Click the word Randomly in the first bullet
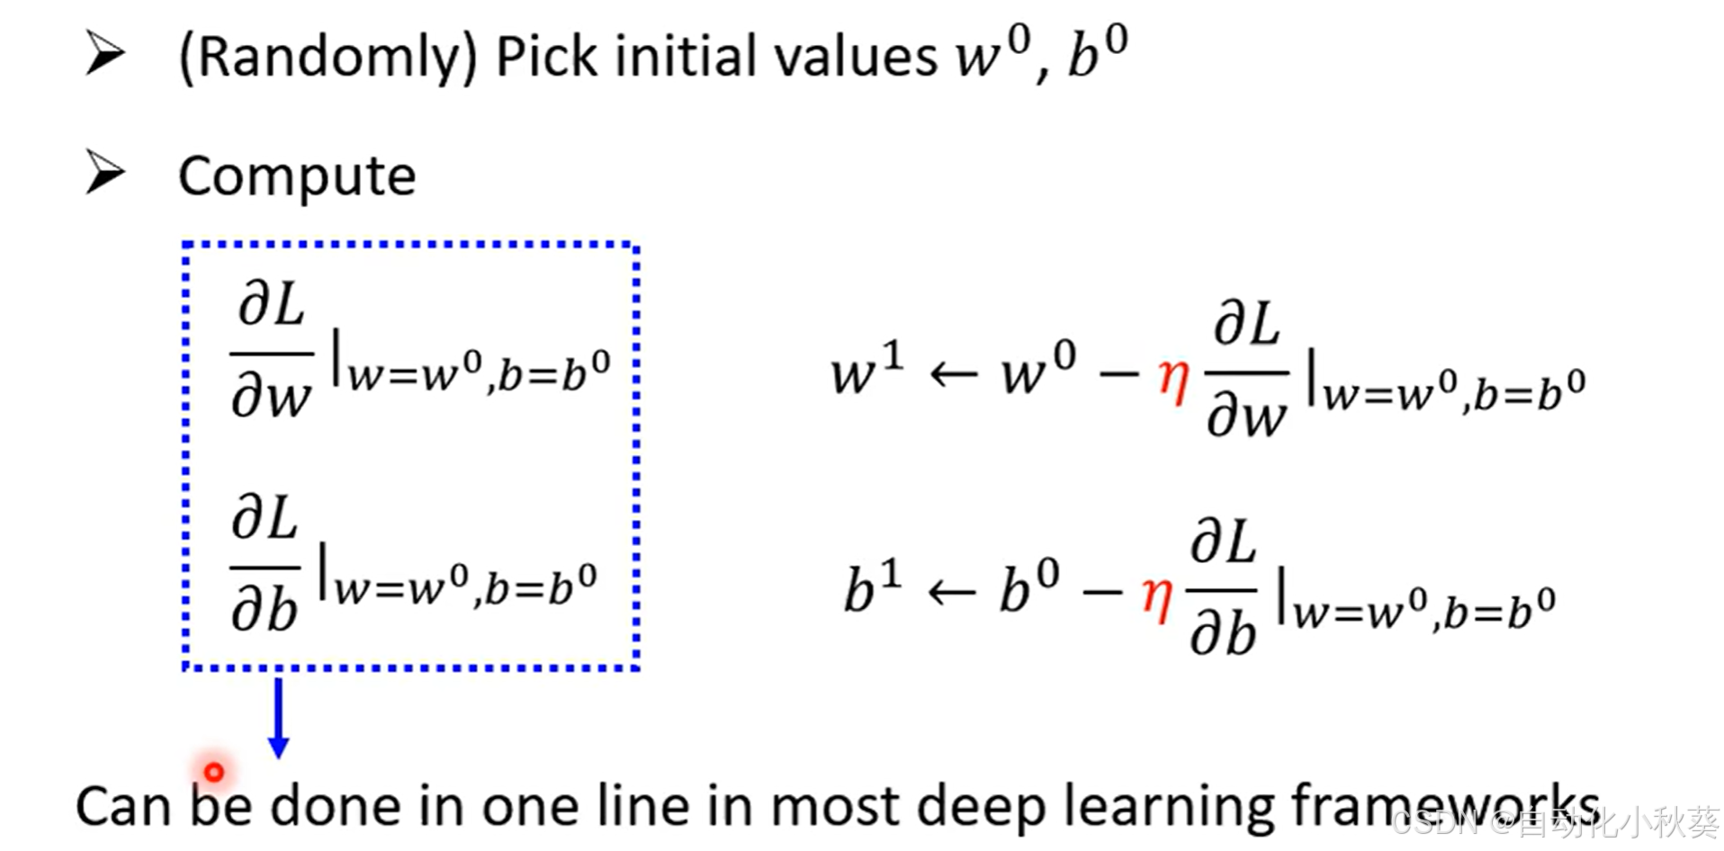tap(328, 58)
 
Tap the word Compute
tap(297, 175)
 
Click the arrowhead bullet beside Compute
tap(105, 172)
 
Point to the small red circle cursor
tap(214, 772)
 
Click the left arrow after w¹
tap(953, 374)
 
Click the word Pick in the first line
tap(546, 58)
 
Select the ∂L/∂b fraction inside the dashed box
tap(265, 565)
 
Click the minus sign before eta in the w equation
tap(1118, 374)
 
